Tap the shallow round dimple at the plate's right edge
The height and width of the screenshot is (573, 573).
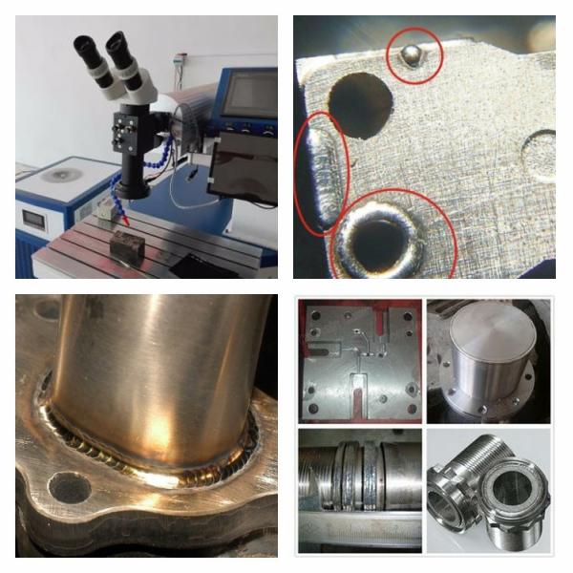540,153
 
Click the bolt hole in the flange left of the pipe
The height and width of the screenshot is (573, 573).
69,487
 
